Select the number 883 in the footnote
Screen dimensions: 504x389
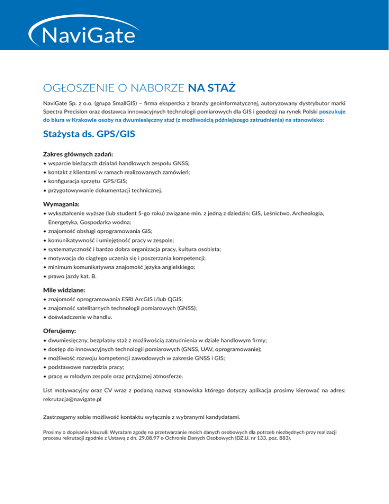coord(283,437)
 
